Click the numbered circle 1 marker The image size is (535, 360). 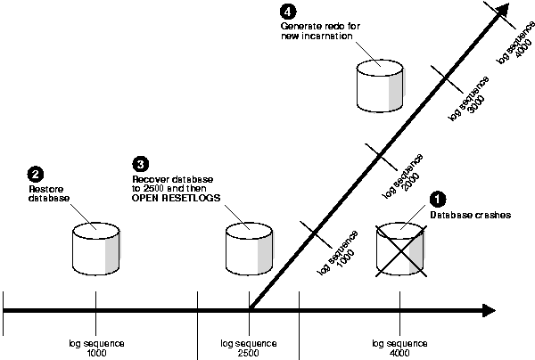point(437,200)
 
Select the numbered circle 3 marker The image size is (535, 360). point(139,163)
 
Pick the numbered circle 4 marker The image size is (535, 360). point(287,12)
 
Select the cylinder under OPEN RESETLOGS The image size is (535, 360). point(248,249)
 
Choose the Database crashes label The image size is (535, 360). point(463,215)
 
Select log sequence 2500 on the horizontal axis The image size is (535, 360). point(247,348)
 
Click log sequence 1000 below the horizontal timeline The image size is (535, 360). point(94,348)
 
